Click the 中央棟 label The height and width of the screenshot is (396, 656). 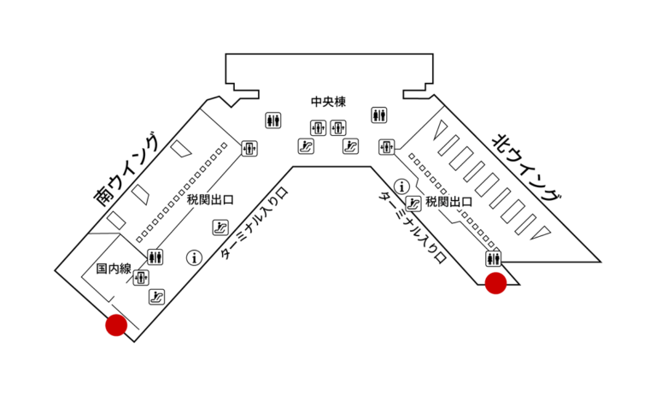[x=328, y=102]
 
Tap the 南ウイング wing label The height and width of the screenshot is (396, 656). [x=126, y=169]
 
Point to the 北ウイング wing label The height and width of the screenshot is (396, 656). [x=527, y=167]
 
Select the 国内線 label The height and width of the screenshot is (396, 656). [x=114, y=269]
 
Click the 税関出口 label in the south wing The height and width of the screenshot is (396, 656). [x=210, y=199]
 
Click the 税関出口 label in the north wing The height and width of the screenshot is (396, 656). [x=449, y=202]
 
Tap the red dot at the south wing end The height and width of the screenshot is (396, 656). [x=116, y=325]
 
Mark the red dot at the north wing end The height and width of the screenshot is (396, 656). [x=495, y=283]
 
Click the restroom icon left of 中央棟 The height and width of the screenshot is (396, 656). [x=273, y=121]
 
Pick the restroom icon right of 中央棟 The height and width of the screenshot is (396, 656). [x=379, y=115]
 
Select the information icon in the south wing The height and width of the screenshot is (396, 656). [x=194, y=257]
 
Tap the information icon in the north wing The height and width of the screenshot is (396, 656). [x=402, y=186]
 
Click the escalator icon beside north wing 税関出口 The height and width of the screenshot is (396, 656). [x=413, y=204]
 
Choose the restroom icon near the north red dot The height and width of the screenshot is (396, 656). [x=494, y=258]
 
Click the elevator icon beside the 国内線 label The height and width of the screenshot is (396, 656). [x=141, y=277]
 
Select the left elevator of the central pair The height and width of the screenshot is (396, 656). [x=318, y=127]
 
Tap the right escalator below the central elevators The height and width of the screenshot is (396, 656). [x=350, y=146]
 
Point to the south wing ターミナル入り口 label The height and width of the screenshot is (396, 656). [x=255, y=223]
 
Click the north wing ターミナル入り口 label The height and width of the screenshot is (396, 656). [x=413, y=228]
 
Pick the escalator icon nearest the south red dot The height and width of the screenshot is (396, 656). [x=157, y=297]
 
